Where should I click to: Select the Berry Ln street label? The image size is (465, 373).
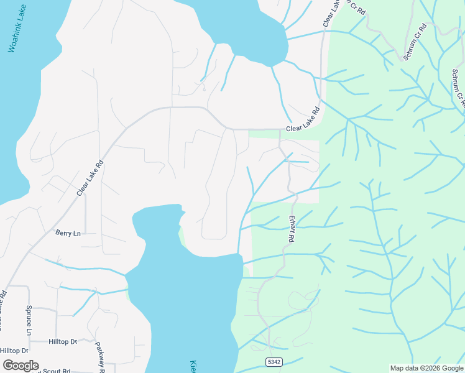[x=68, y=233]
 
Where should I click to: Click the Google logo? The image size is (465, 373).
[x=21, y=366]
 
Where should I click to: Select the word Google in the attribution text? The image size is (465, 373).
[x=452, y=368]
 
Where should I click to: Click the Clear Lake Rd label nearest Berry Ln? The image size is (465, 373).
[x=90, y=179]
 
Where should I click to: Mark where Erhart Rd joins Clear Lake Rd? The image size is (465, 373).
[x=280, y=130]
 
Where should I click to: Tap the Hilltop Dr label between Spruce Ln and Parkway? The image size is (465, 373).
[x=62, y=342]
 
